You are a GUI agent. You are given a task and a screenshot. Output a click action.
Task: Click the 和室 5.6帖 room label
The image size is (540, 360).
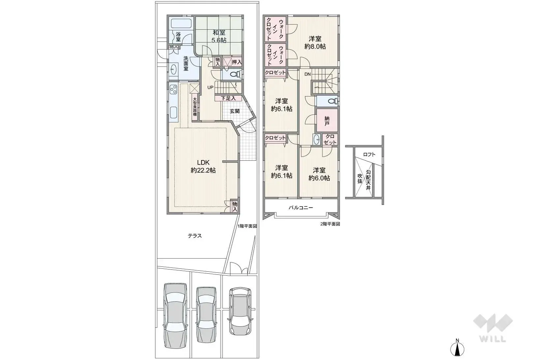tap(219, 36)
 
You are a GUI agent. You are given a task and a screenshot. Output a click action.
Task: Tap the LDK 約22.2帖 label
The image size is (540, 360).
tap(203, 166)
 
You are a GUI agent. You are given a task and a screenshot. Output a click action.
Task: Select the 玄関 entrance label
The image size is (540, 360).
tap(235, 111)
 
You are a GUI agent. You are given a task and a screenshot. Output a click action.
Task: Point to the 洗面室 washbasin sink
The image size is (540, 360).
tap(174, 69)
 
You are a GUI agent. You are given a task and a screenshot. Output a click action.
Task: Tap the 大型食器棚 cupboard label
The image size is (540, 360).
tap(195, 106)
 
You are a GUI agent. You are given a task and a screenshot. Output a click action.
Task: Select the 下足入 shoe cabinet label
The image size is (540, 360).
tap(228, 98)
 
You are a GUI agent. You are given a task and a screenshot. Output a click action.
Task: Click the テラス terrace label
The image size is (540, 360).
tap(195, 236)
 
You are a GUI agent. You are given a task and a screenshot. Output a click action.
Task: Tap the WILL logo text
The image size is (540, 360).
tap(492, 339)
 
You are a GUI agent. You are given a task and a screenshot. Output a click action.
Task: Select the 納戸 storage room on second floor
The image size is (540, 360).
tap(327, 121)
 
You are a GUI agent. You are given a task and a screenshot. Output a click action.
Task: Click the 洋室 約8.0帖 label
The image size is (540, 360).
tap(315, 42)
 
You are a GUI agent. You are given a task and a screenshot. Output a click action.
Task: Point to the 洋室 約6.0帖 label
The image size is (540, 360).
tap(319, 174)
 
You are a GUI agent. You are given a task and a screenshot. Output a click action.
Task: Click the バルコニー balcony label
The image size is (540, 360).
tap(300, 208)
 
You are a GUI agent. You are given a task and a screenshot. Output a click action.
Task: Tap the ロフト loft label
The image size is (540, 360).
tap(369, 154)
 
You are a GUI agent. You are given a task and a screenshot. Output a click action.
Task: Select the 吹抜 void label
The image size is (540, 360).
tap(360, 178)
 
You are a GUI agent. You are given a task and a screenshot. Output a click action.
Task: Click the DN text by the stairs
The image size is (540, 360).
tap(307, 74)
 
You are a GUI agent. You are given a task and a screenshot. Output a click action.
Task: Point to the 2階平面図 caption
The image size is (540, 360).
tap(330, 224)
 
